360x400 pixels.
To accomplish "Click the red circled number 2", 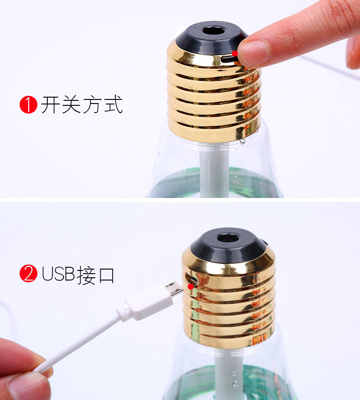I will [x=28, y=274].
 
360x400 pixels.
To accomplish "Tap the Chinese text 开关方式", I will [x=82, y=105].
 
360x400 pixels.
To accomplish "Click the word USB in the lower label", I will [x=58, y=274].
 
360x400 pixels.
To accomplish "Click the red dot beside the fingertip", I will [x=235, y=53].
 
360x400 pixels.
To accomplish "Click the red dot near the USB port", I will [x=190, y=286].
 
